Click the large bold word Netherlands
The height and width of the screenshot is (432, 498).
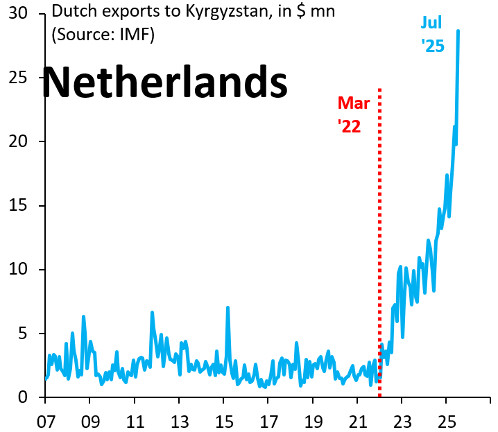pyautogui.click(x=165, y=82)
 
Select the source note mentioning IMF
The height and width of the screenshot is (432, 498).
pyautogui.click(x=103, y=34)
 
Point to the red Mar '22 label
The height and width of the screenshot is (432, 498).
pyautogui.click(x=353, y=115)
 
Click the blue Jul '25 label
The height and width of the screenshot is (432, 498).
pyautogui.click(x=432, y=34)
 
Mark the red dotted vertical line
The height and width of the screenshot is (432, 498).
pyautogui.click(x=379, y=243)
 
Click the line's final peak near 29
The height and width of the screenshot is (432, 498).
pyautogui.click(x=458, y=31)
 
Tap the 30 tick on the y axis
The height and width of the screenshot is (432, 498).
pyautogui.click(x=18, y=13)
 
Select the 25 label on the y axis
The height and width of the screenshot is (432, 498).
pyautogui.click(x=18, y=78)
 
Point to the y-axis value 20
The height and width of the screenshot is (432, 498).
pyautogui.click(x=18, y=141)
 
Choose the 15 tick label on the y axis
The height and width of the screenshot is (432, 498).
pyautogui.click(x=18, y=206)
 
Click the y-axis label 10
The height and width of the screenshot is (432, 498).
pyautogui.click(x=18, y=270)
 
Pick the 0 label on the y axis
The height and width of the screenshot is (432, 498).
pyautogui.click(x=23, y=397)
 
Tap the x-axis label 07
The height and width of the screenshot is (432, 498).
pyautogui.click(x=46, y=422)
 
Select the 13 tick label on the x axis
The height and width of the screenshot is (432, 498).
pyautogui.click(x=180, y=422)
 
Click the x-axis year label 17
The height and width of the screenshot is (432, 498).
pyautogui.click(x=268, y=422)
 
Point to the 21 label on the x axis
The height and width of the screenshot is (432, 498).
pyautogui.click(x=358, y=422)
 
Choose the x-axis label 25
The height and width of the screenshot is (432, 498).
pyautogui.click(x=447, y=422)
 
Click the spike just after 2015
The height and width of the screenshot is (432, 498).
pyautogui.click(x=227, y=308)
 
